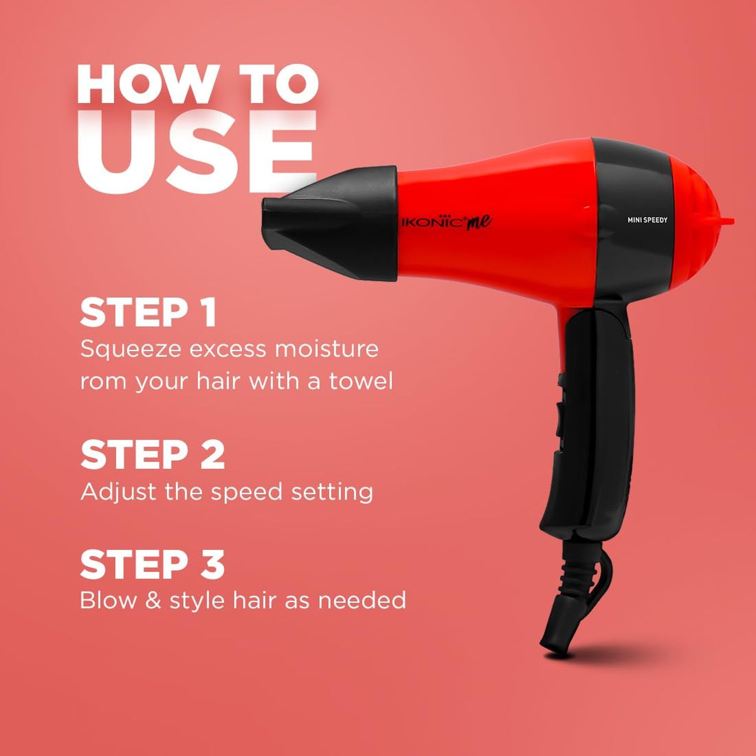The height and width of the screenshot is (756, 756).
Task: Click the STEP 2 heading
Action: [x=152, y=455]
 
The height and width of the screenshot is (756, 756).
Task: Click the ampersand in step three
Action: [x=154, y=600]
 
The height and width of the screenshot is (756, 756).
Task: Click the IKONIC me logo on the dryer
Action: [x=446, y=222]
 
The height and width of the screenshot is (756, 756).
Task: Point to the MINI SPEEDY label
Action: [x=647, y=220]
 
